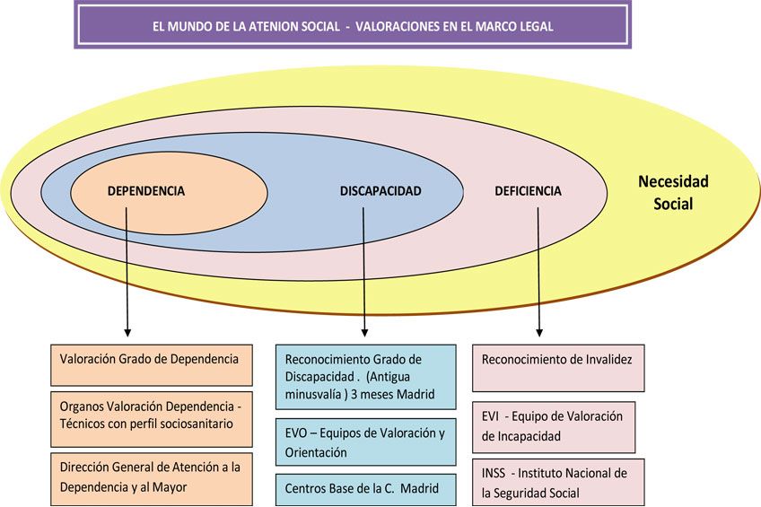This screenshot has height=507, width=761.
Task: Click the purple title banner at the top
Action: pos(353,25)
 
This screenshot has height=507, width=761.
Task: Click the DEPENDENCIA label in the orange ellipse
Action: pos(146,191)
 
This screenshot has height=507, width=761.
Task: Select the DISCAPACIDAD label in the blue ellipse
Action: pos(380,191)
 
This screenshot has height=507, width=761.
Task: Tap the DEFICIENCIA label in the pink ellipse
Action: pos(528,191)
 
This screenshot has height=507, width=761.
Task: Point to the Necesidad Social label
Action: pos(673,193)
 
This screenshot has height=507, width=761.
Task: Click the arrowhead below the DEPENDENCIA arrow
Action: pos(127,332)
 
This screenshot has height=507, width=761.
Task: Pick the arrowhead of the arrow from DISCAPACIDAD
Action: pos(364,332)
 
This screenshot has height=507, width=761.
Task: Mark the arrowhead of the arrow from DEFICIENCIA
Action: pos(539,332)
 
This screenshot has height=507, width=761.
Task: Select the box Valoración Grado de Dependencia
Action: pos(152,365)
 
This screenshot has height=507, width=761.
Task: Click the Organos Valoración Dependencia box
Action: pos(152,419)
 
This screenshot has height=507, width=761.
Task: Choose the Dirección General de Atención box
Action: pos(152,479)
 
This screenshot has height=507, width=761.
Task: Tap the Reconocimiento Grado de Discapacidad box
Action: pos(366,377)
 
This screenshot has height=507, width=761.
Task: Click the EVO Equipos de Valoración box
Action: pos(366,442)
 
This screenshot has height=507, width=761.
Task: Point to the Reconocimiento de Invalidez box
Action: pos(558,368)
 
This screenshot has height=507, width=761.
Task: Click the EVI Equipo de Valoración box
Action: pos(554,427)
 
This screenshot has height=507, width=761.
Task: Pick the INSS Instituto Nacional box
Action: pos(558,482)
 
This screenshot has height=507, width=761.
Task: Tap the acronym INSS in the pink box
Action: pos(494,473)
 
